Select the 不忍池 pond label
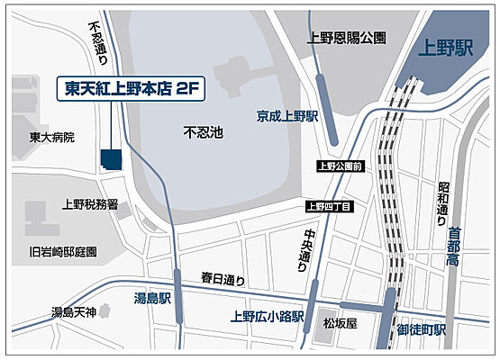(203, 132)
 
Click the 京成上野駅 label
(286, 116)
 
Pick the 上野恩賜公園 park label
(346, 38)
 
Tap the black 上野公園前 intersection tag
(340, 166)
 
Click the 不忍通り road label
(97, 42)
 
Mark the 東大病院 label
(51, 138)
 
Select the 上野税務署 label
(90, 205)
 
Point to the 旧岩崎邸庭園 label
(63, 252)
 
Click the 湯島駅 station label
(152, 298)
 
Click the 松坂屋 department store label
(341, 322)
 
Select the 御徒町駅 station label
(422, 329)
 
